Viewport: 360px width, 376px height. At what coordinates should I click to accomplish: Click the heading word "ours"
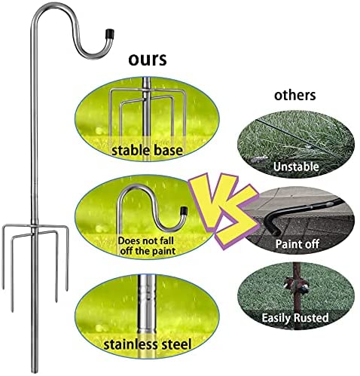pos(148,60)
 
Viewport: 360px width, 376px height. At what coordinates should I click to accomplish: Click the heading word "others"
pos(294,95)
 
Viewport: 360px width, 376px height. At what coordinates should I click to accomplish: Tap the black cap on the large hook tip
pos(110,33)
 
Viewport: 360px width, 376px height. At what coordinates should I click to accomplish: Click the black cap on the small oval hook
pos(184,210)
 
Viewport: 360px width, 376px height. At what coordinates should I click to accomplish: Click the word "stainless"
pos(132,344)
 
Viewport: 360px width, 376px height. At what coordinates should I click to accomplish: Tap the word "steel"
pos(177,344)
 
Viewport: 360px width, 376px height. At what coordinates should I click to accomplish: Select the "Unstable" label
pos(296,167)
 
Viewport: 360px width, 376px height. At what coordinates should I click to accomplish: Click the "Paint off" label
pos(297,244)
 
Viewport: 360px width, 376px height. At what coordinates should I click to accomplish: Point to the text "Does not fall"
pos(145,240)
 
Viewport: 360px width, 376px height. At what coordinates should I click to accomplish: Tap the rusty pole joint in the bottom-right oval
pos(297,286)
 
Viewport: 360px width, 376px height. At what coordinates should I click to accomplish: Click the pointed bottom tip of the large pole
pos(35,371)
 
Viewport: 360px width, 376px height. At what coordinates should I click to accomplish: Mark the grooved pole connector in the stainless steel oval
pos(147,293)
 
